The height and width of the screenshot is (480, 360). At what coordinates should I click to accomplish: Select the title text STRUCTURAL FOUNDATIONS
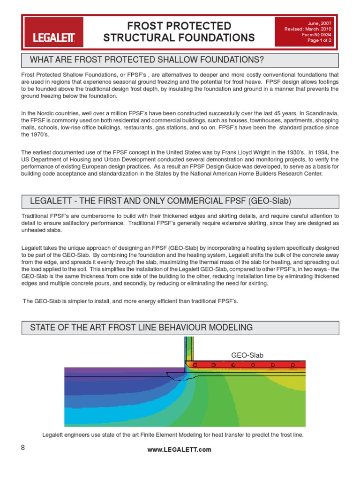[x=180, y=38]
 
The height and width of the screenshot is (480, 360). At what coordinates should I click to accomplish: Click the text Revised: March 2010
[x=307, y=29]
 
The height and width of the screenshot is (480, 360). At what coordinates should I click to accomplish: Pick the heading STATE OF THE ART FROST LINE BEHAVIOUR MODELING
[x=141, y=327]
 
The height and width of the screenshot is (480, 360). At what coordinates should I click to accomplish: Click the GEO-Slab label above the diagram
[x=247, y=355]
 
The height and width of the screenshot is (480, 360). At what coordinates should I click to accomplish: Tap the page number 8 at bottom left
[x=23, y=447]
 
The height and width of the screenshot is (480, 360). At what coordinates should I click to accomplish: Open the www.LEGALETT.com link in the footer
[x=180, y=450]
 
